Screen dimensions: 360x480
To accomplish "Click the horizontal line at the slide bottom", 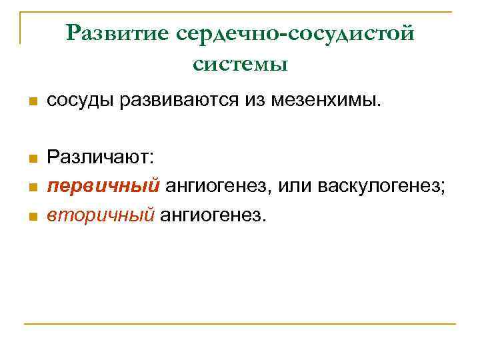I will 240,324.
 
